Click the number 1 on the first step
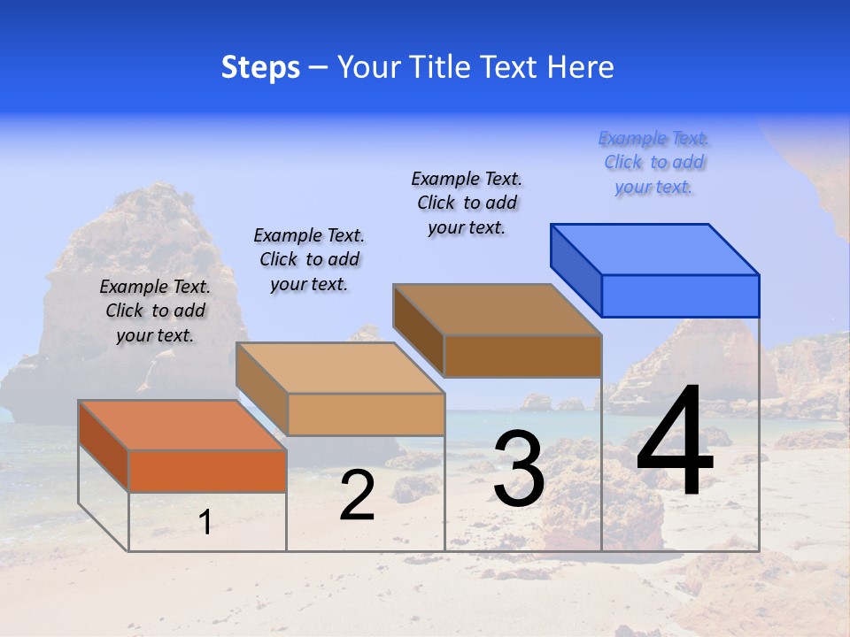point(205,522)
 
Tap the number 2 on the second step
point(357,496)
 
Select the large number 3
point(519,469)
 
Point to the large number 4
point(676,441)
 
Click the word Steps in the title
point(260,67)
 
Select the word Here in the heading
point(580,67)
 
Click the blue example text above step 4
point(653,163)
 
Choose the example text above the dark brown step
point(467,203)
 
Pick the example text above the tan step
point(309,259)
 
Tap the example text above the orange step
point(155,311)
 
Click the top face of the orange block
point(182,425)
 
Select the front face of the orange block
point(207,471)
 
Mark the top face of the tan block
point(340,368)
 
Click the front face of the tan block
point(366,414)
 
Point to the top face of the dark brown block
point(497,310)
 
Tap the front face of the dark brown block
point(522,356)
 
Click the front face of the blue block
point(680,295)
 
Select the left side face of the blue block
point(576,270)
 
